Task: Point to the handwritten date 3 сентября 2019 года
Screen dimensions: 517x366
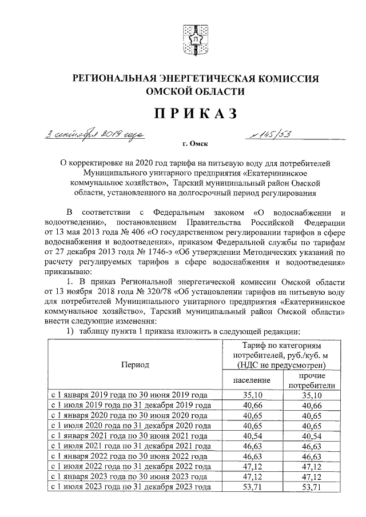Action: point(95,135)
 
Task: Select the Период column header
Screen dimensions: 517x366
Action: point(134,363)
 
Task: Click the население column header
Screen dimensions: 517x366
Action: point(252,380)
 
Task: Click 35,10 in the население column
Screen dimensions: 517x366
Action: point(252,394)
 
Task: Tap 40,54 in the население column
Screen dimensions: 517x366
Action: point(252,435)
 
